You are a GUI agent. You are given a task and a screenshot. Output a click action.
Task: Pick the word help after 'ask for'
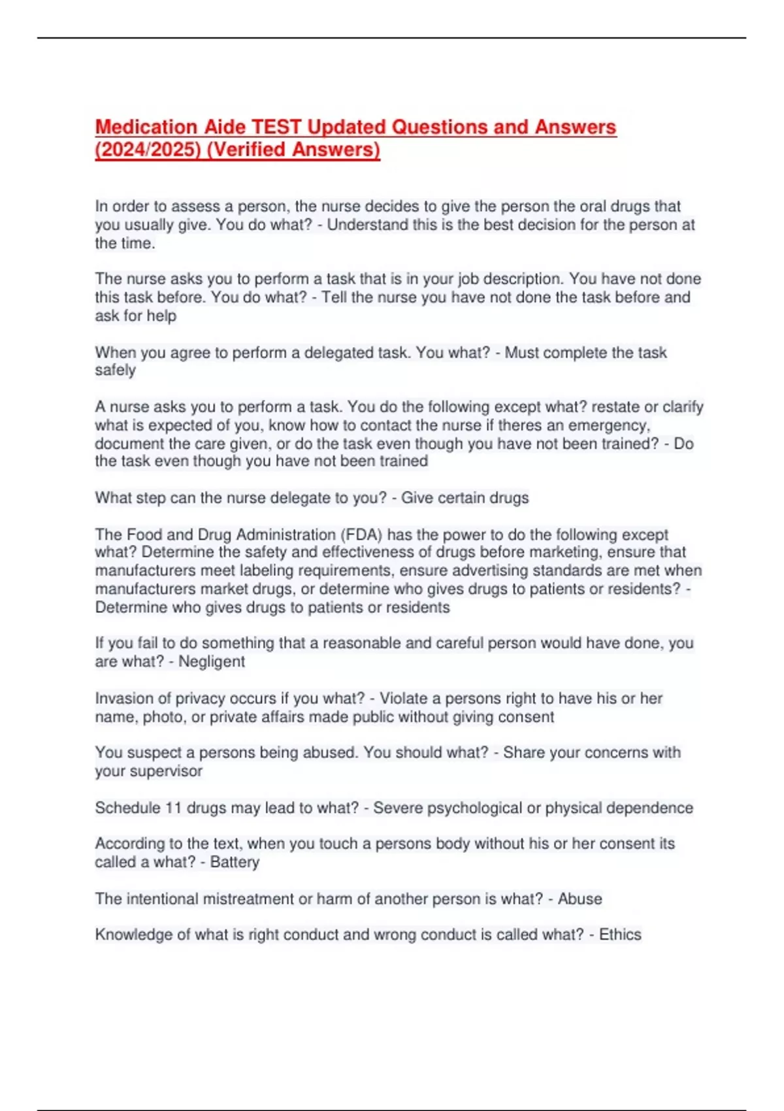[161, 316]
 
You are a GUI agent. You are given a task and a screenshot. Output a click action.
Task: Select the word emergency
[611, 425]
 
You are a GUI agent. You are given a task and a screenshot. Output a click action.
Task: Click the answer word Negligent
[212, 661]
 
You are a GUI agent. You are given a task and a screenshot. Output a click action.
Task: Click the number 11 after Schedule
[173, 808]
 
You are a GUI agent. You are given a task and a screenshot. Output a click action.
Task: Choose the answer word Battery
[235, 862]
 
